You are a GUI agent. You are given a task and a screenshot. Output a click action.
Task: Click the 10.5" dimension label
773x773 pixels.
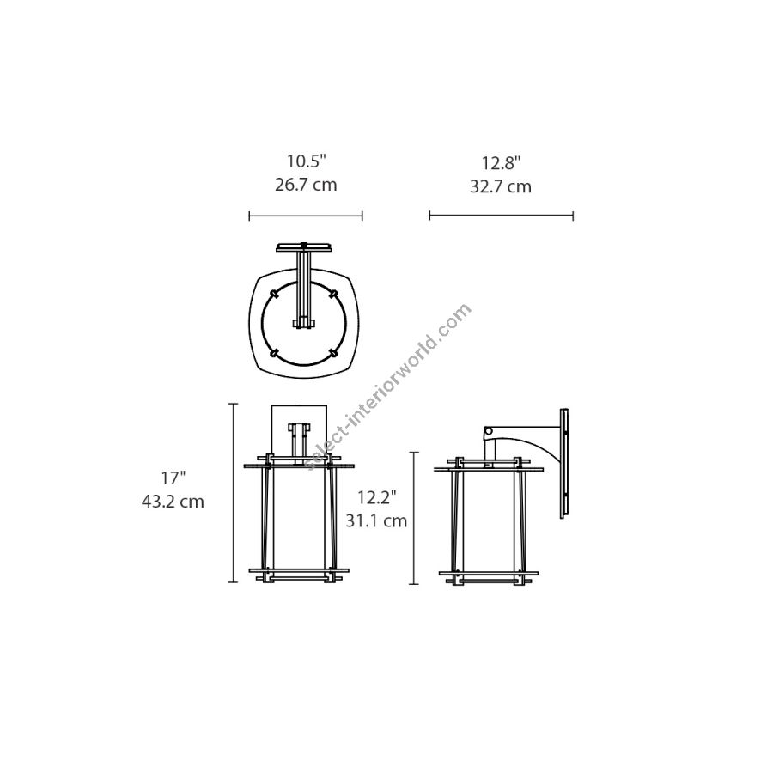(x=307, y=161)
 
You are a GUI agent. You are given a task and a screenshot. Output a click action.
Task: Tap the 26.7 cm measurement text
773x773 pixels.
(x=306, y=185)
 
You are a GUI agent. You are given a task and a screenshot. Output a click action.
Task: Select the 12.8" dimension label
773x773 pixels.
(x=501, y=163)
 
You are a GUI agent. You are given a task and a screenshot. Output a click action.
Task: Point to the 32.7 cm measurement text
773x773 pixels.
(x=501, y=187)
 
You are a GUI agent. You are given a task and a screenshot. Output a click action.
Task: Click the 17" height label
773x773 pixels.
(x=173, y=478)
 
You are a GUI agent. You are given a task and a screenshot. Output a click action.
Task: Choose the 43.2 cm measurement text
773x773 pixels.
(x=173, y=502)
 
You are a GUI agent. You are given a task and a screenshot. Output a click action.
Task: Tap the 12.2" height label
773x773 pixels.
(x=377, y=497)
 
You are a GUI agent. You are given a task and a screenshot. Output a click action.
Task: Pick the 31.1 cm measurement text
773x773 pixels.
(x=376, y=521)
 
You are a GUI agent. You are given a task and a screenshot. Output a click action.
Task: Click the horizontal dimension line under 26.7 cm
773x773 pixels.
(x=306, y=216)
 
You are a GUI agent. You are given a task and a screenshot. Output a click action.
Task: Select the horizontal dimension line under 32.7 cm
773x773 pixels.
(x=502, y=216)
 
